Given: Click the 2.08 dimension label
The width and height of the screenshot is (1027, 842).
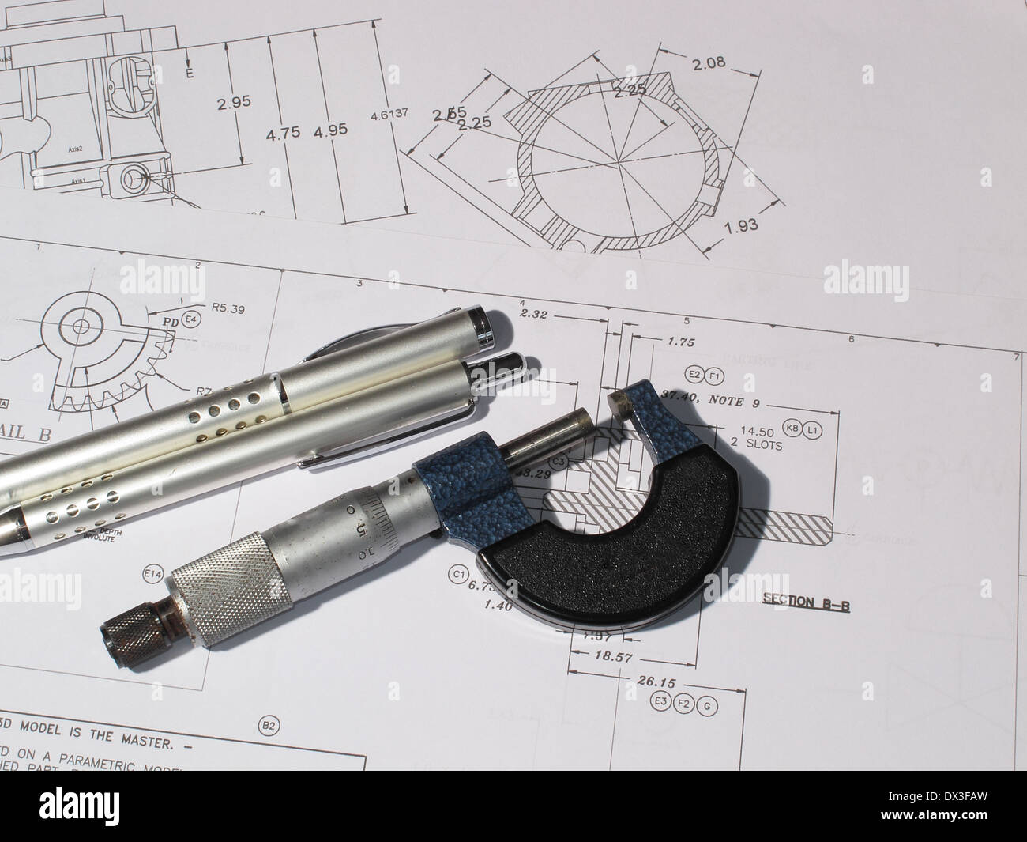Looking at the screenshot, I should (709, 63).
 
